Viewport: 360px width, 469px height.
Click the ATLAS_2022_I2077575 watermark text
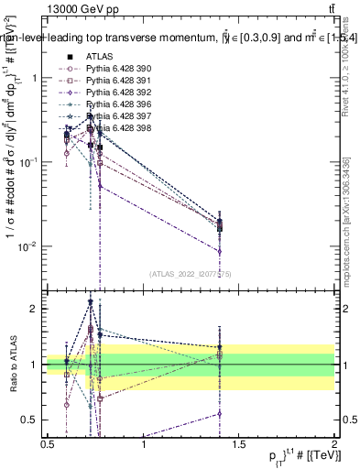click(x=191, y=273)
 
